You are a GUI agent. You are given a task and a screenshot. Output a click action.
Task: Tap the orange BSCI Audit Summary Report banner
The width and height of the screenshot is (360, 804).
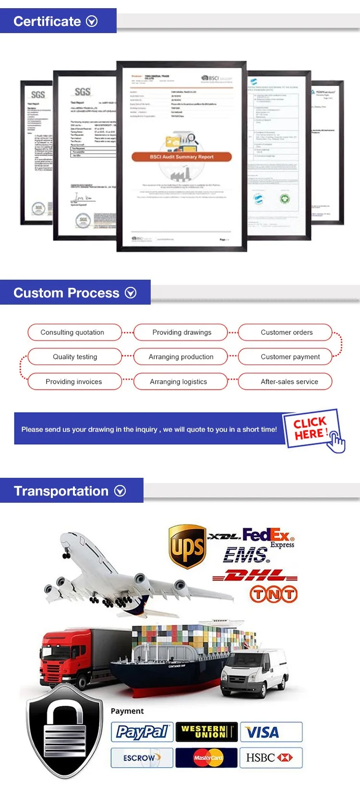click(181, 157)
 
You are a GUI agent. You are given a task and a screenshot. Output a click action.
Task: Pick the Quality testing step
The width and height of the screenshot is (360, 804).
click(74, 356)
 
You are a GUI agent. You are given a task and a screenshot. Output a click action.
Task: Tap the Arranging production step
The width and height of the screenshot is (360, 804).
click(180, 356)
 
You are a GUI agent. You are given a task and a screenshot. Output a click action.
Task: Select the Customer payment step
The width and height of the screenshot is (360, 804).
click(289, 356)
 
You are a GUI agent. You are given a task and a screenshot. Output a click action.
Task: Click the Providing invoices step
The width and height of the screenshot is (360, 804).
click(74, 381)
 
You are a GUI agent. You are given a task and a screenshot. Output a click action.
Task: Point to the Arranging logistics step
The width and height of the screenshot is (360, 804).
click(179, 381)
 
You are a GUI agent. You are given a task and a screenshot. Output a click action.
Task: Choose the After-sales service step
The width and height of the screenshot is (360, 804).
click(289, 381)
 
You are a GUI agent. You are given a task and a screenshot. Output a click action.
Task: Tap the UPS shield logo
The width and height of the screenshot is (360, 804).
click(188, 546)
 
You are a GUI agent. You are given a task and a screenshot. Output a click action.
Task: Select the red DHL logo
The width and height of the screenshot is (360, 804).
click(255, 575)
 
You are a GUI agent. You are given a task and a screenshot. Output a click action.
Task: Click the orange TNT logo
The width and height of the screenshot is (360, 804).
click(273, 595)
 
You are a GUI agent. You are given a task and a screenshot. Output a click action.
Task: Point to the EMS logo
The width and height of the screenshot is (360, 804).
click(246, 555)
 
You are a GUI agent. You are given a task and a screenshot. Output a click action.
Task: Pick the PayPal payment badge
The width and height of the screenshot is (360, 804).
click(142, 732)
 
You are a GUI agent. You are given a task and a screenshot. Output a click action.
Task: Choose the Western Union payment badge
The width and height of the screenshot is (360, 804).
click(206, 732)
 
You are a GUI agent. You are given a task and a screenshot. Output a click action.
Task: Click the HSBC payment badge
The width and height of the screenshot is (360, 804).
click(271, 757)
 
